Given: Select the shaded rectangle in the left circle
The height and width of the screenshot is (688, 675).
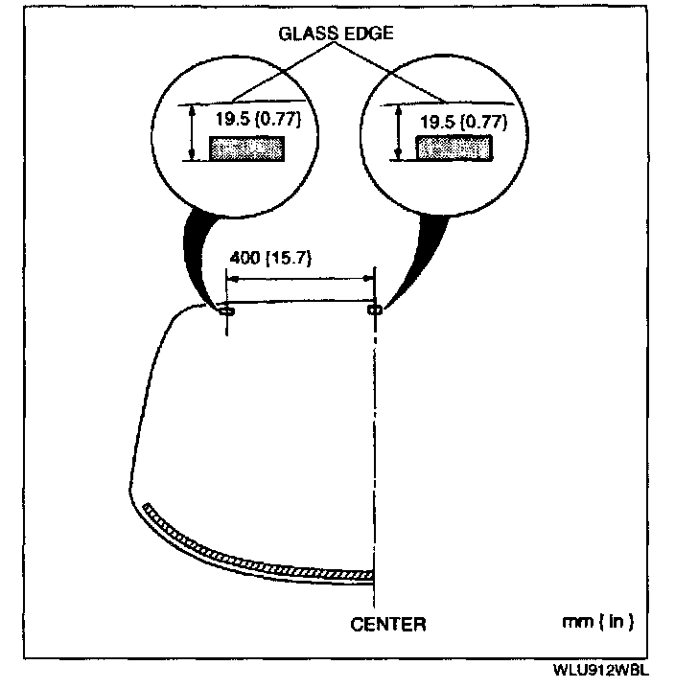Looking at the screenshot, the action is pyautogui.click(x=248, y=149).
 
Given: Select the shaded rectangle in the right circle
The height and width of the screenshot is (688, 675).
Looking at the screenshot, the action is pyautogui.click(x=453, y=149).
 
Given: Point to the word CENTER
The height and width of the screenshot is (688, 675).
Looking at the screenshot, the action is pyautogui.click(x=388, y=625).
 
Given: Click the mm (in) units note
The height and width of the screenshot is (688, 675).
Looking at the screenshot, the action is pyautogui.click(x=597, y=622).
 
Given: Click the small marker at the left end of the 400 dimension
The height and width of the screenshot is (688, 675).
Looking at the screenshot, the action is pyautogui.click(x=226, y=310).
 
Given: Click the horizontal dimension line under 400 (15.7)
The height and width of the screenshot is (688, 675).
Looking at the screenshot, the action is pyautogui.click(x=300, y=279).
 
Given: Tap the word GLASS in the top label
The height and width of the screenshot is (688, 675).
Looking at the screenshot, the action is pyautogui.click(x=305, y=32).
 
